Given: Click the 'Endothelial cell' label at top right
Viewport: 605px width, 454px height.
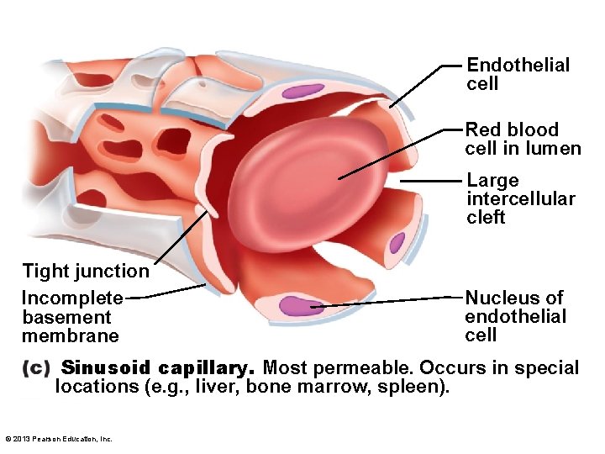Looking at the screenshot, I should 518,74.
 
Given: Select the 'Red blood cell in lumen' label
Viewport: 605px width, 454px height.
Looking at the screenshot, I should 523,139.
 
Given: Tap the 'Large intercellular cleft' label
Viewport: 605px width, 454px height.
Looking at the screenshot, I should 521,198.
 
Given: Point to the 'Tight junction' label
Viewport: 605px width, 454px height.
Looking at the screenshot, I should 85,271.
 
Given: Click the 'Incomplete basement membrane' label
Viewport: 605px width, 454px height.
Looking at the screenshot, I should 71,317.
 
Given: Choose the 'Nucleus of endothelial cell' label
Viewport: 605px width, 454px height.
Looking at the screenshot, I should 516,316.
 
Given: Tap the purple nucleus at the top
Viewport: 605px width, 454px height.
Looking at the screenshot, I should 303,89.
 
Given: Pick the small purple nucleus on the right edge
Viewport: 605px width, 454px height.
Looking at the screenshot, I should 397,243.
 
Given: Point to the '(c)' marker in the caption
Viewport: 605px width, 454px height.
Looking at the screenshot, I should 37,368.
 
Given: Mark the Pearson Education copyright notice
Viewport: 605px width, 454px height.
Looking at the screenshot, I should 58,438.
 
